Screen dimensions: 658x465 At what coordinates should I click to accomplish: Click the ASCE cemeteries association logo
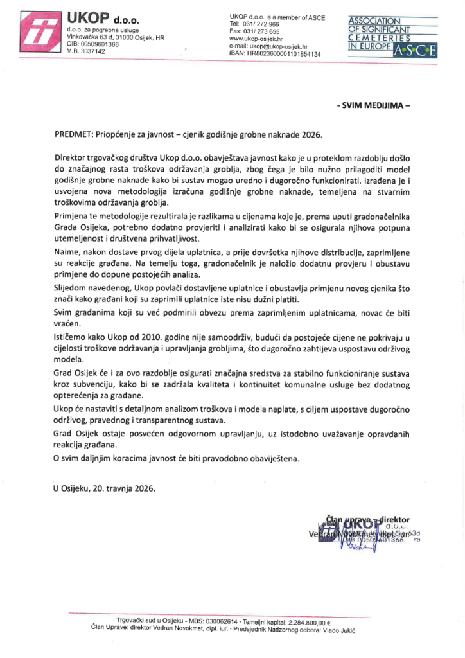click(x=392, y=37)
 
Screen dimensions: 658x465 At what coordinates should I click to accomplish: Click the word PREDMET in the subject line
click(x=73, y=135)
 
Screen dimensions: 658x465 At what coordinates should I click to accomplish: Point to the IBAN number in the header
click(x=283, y=55)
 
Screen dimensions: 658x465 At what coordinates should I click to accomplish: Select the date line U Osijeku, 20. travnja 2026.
click(x=104, y=488)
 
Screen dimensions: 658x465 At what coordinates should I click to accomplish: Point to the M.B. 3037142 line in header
click(x=86, y=51)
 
